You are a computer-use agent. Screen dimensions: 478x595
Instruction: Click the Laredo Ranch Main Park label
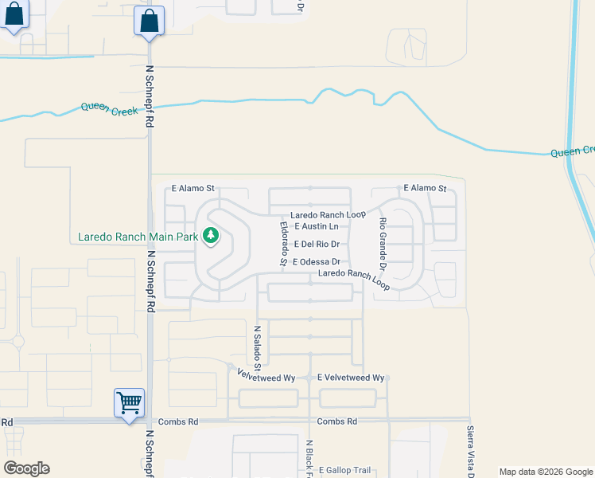(138, 237)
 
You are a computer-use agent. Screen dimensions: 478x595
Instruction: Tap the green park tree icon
(210, 236)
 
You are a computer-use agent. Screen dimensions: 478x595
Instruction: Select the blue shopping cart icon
(129, 402)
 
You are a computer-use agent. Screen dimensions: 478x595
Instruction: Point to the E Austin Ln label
(317, 227)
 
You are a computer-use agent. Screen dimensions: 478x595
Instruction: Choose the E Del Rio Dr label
(317, 245)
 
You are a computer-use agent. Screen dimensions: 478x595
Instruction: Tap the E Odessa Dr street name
(317, 262)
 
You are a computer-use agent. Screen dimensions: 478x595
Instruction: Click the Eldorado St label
(283, 244)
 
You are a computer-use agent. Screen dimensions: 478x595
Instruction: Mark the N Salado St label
(257, 347)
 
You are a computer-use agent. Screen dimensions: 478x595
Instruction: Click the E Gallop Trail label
(345, 471)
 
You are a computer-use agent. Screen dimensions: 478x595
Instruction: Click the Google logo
(26, 468)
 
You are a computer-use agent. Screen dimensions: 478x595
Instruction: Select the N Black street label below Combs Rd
(309, 457)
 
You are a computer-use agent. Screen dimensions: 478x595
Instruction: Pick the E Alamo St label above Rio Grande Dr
(425, 188)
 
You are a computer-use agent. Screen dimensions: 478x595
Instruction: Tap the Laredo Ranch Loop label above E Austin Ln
(327, 215)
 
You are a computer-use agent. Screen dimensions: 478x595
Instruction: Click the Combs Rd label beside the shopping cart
(177, 421)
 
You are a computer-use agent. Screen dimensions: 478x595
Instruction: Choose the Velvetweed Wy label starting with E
(351, 378)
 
